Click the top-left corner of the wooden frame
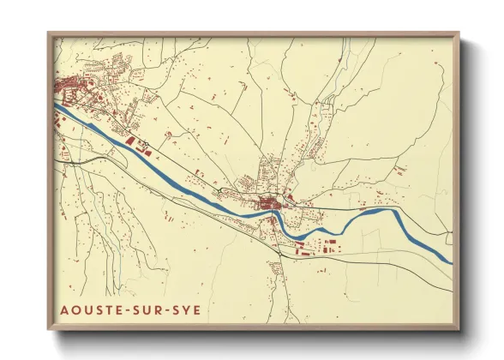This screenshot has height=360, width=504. click(x=48, y=33)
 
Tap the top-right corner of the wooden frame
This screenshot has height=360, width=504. click(x=459, y=33)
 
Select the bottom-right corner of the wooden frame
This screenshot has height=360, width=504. click(x=459, y=330)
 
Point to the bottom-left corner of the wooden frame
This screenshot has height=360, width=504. click(x=48, y=330)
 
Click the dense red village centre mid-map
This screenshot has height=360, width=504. click(x=273, y=204)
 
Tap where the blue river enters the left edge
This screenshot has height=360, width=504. click(x=57, y=105)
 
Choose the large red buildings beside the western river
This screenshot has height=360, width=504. click(x=132, y=140)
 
